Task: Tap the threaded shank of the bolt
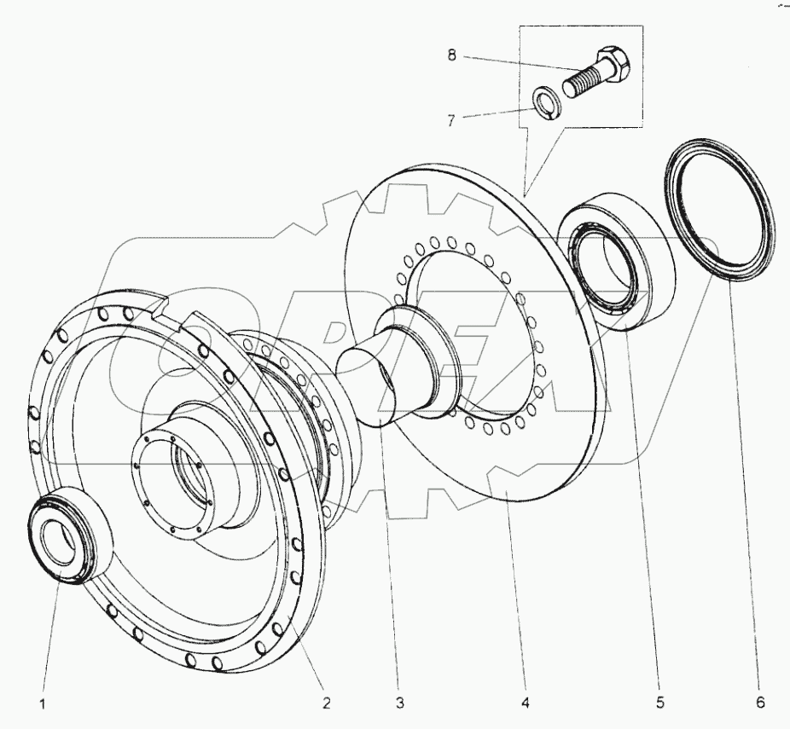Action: (x=584, y=83)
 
